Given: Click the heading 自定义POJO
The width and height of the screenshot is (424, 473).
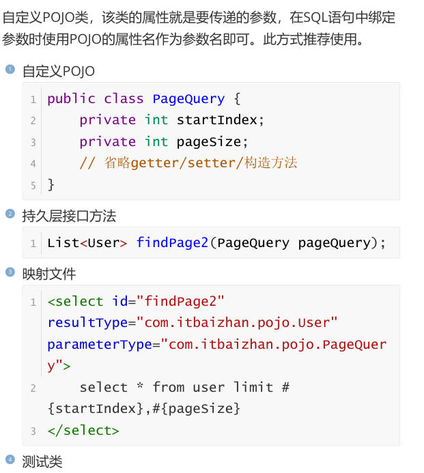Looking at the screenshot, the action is [x=58, y=71].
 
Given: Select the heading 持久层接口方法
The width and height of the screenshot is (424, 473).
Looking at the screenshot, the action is [x=69, y=216].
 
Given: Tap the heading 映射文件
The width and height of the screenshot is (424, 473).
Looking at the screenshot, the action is [x=49, y=274].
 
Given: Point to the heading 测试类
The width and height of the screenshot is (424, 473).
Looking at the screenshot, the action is [x=42, y=462].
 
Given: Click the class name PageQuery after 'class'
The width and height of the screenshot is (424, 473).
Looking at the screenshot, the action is [x=188, y=98].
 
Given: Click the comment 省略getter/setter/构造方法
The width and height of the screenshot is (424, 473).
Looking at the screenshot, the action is [x=201, y=162].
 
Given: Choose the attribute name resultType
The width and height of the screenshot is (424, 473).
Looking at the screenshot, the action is [x=88, y=322].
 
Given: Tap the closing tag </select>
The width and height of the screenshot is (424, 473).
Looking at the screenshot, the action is [x=83, y=430].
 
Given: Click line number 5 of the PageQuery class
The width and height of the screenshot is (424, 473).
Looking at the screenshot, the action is [x=33, y=185].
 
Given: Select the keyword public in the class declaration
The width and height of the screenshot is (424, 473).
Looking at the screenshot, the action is [x=71, y=98].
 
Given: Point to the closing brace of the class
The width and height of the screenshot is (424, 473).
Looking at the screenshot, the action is [x=51, y=184].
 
